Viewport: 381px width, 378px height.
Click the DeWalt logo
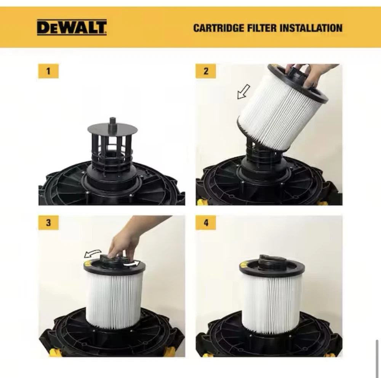coord(72,27)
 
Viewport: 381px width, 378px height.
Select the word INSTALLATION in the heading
coord(311,28)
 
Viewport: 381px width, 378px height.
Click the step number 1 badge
coord(48,71)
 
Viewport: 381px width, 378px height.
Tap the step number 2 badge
coord(206,71)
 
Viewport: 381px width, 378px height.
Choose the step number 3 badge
coord(48,222)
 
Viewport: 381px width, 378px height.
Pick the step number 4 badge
coord(206,222)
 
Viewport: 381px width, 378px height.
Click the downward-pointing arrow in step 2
coord(243,92)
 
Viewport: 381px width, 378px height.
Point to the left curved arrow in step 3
coord(92,253)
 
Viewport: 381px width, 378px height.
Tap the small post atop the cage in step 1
coord(112,121)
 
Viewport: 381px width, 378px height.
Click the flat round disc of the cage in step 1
coord(112,128)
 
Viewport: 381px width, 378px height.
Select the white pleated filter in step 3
coord(114,301)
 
